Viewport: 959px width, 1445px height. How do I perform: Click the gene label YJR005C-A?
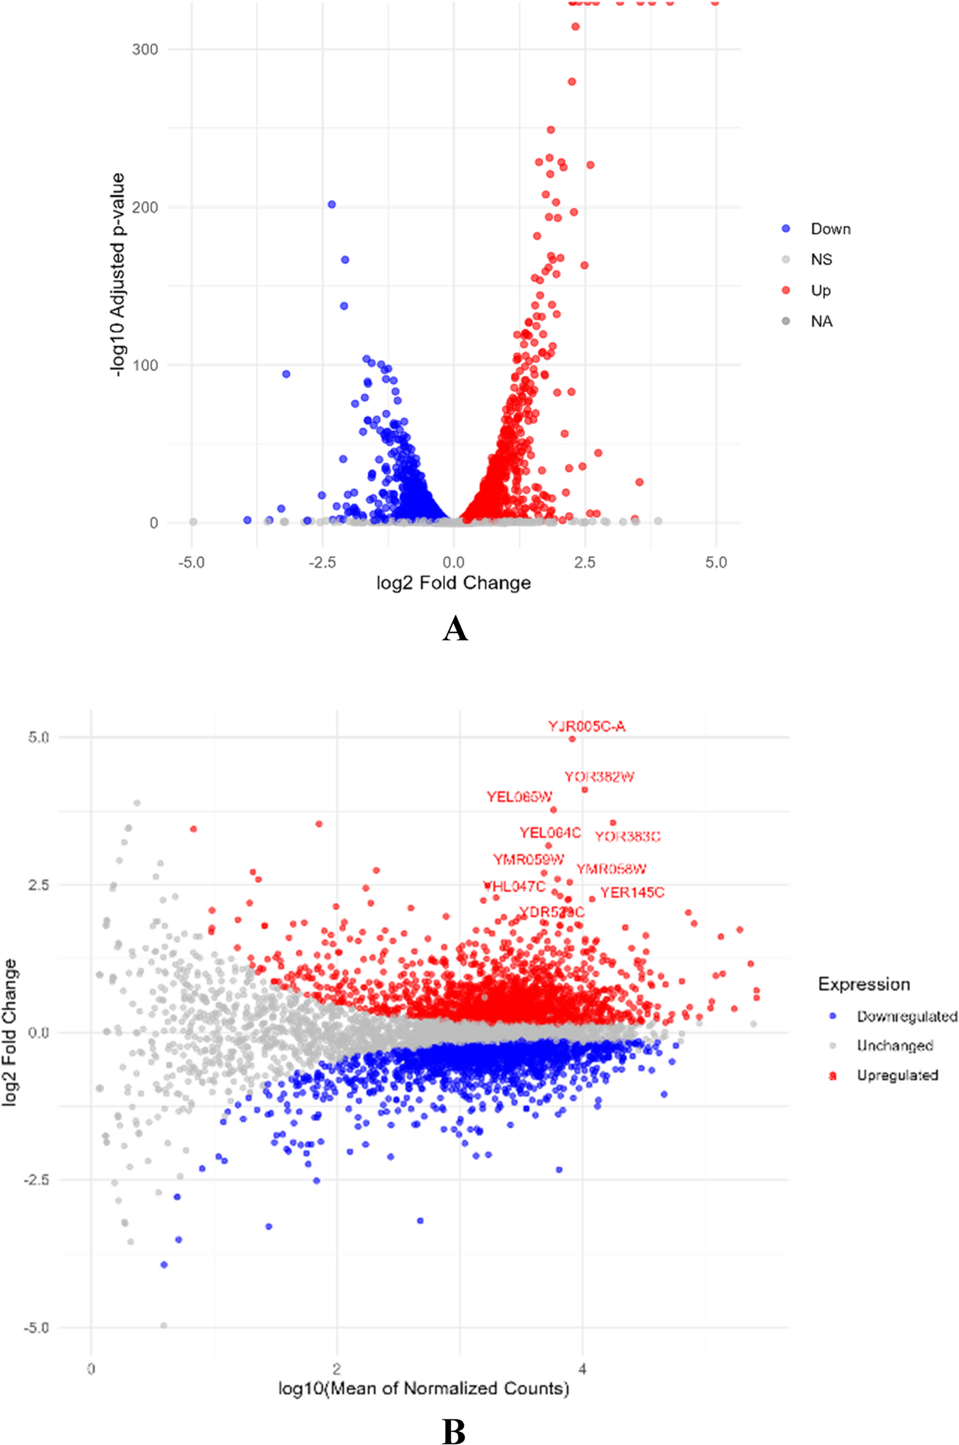586,726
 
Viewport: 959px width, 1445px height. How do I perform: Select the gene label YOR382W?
599,777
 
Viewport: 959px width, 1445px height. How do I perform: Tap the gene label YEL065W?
519,797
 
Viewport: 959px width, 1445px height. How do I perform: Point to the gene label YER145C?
632,892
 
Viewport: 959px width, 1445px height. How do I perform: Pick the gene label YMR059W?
528,859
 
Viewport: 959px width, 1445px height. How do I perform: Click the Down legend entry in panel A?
830,229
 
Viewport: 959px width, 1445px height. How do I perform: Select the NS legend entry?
821,259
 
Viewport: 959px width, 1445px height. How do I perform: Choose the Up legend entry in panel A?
821,290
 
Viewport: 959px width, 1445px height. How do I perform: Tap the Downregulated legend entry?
906,1016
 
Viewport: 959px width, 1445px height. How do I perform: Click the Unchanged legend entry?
895,1045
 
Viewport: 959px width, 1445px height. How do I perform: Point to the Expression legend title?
864,984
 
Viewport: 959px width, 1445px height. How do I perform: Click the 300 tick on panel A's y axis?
145,50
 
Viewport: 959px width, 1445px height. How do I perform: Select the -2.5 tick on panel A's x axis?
322,563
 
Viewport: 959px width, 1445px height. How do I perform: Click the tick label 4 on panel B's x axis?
582,1368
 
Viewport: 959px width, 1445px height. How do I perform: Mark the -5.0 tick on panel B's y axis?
36,1327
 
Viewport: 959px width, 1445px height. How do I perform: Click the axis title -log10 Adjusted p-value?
117,275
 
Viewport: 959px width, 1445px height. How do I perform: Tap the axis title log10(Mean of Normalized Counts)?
424,1388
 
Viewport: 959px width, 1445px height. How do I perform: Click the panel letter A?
455,628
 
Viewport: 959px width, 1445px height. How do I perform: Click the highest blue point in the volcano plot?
332,205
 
